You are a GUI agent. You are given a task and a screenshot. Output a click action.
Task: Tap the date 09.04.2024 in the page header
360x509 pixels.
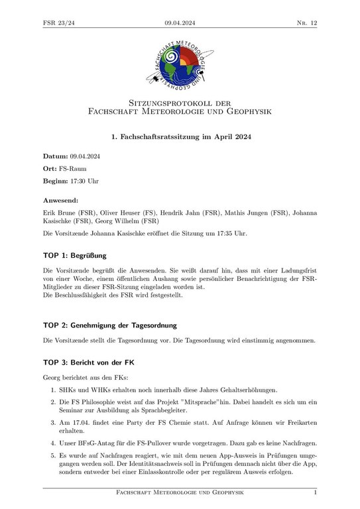point(180,23)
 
